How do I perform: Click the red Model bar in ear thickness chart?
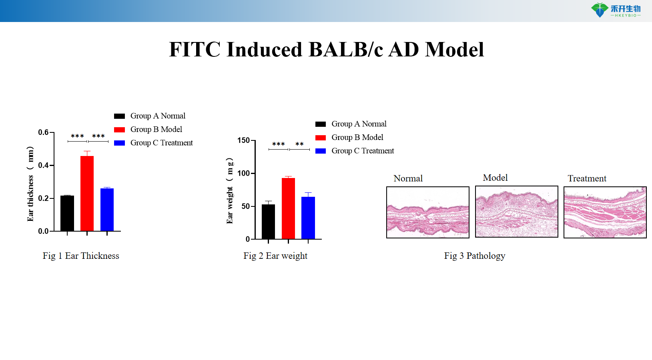[x=87, y=194]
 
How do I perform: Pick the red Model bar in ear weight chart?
[x=288, y=208]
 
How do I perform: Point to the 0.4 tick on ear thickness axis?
[x=44, y=165]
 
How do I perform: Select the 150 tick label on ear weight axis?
[x=243, y=140]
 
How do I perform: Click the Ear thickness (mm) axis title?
[x=30, y=184]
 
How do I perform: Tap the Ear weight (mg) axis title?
[x=229, y=190]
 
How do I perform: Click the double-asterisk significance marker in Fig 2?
[x=299, y=144]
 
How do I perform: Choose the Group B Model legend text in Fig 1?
[x=156, y=129]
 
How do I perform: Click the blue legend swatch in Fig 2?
[x=321, y=151]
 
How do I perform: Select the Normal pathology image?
[x=427, y=212]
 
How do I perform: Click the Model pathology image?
[x=516, y=212]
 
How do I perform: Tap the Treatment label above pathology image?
[x=587, y=178]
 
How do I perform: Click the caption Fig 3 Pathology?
[x=474, y=256]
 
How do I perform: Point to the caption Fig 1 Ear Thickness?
[x=81, y=256]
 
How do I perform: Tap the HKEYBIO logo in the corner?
[x=616, y=10]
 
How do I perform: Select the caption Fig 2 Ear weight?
[x=275, y=256]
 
